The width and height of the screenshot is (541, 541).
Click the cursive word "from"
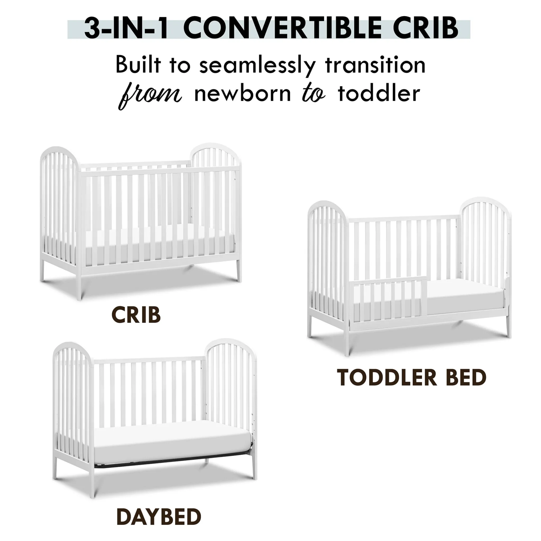(151, 95)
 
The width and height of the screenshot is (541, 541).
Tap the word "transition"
(375, 65)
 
